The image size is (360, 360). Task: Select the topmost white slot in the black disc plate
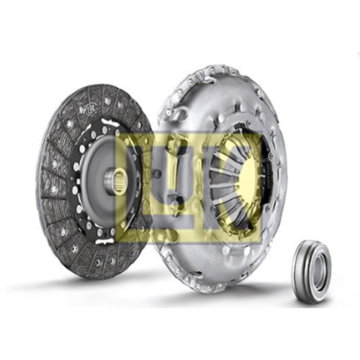[x=111, y=122]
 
